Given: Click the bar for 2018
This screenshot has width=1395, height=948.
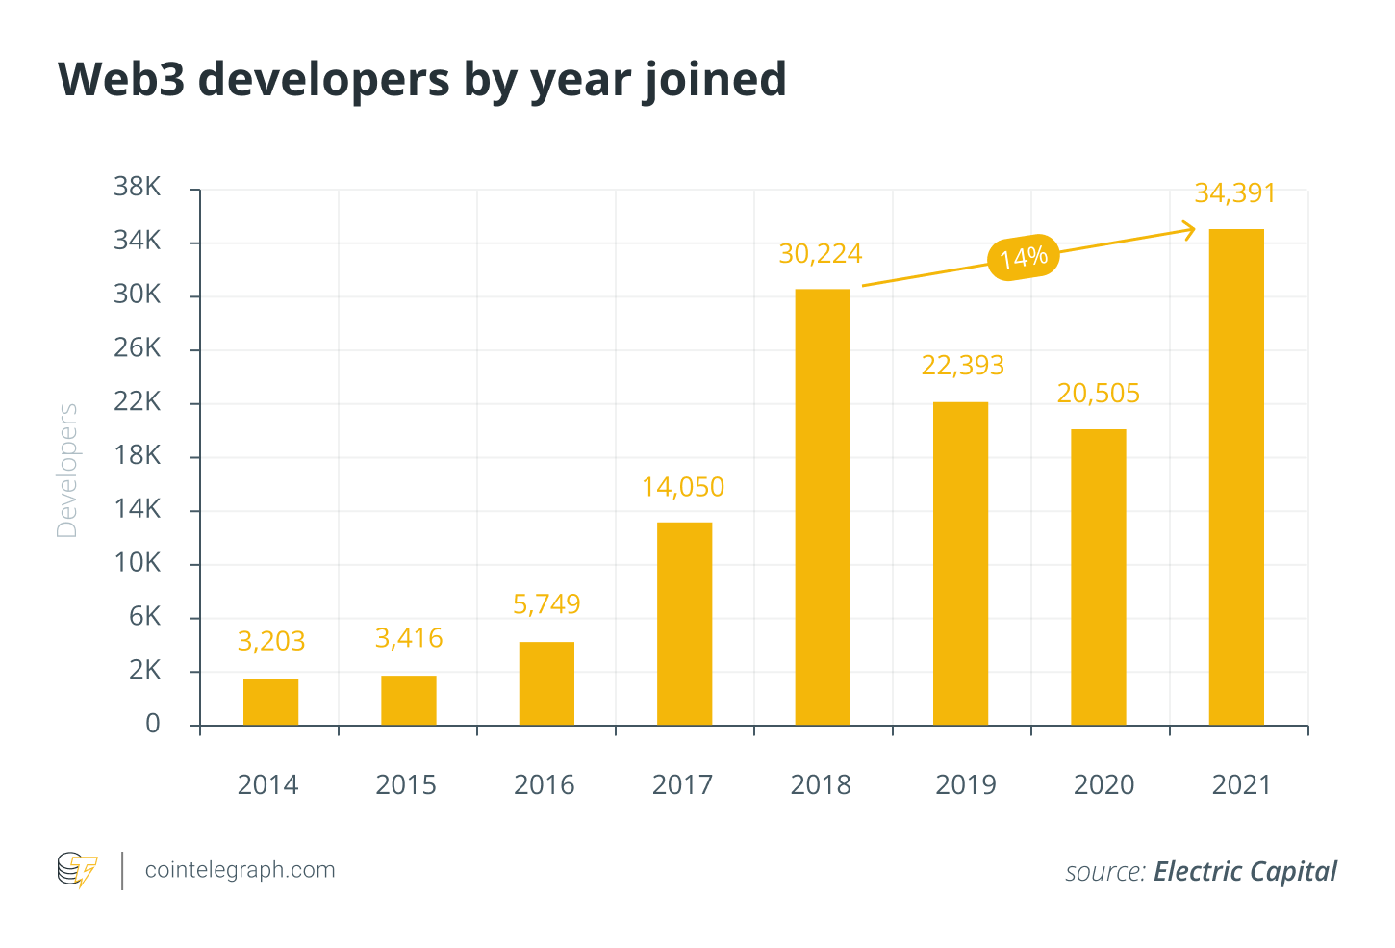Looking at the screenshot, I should [823, 507].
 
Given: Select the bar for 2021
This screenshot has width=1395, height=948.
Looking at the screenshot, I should [1236, 476].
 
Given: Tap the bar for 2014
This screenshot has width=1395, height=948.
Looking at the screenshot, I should [270, 702].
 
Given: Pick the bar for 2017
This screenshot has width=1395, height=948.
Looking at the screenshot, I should [684, 624].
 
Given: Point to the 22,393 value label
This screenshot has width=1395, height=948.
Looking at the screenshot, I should [962, 366].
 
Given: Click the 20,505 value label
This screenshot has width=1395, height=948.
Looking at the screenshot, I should [1098, 394].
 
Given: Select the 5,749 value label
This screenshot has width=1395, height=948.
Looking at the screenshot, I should [546, 604].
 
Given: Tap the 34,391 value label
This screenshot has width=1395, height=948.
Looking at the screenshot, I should [1235, 193].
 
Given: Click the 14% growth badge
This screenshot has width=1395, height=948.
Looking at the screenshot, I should [1024, 258].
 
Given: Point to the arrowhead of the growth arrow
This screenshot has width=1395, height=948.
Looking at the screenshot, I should [1191, 230].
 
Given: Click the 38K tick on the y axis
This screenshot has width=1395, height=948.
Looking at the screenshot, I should [138, 187].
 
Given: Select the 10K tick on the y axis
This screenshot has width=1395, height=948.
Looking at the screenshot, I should [138, 563].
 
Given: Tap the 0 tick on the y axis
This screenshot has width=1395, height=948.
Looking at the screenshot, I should [153, 724].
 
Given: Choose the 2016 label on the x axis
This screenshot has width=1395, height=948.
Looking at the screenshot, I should [545, 785].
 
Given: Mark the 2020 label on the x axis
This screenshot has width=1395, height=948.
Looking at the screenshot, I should [1103, 785].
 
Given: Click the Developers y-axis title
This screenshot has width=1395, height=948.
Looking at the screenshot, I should [67, 470].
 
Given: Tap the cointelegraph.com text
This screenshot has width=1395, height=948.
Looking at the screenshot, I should [241, 870].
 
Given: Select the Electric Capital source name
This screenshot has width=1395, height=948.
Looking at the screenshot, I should [1245, 872].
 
